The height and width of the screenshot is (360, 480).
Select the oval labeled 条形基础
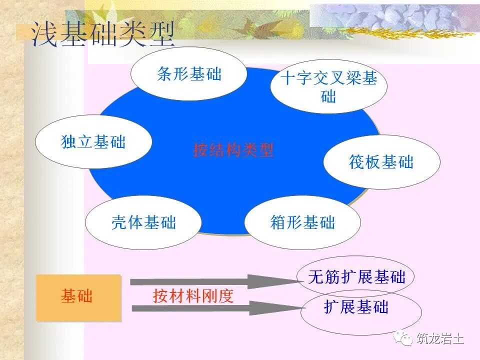point(189,74)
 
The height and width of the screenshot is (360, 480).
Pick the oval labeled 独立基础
point(93,142)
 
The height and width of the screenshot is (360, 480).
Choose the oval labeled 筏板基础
point(381,162)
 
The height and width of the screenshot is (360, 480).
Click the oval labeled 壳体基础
point(143,222)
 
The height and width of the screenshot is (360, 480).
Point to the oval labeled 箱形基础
point(302,222)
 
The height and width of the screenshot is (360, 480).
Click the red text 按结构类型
point(233,150)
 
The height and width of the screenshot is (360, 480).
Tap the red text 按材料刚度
point(193,296)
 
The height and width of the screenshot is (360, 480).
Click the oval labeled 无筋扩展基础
point(356,277)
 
